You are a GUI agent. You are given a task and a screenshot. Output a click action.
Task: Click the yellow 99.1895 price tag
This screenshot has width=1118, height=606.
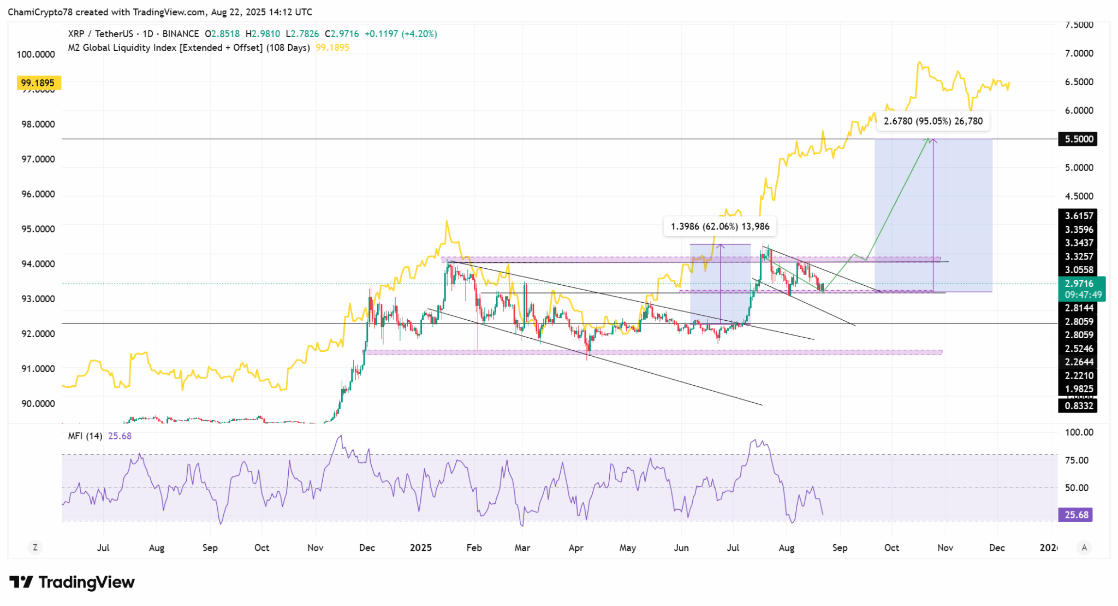[x=38, y=83]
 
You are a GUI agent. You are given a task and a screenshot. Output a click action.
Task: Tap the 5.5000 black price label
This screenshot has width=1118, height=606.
[x=1078, y=139]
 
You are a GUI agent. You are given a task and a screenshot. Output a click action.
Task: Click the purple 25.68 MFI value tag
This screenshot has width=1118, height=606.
[x=1075, y=515]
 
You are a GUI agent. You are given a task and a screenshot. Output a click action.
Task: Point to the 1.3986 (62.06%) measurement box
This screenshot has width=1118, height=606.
[x=719, y=226]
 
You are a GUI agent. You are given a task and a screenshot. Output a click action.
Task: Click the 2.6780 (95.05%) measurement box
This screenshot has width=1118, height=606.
[x=933, y=121]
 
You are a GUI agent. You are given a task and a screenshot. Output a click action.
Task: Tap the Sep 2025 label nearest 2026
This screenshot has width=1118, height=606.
[x=840, y=548]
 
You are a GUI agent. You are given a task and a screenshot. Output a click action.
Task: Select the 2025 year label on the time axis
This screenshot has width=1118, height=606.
[x=421, y=548]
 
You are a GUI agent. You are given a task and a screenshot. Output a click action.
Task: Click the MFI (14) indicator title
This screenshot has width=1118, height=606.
[x=85, y=436]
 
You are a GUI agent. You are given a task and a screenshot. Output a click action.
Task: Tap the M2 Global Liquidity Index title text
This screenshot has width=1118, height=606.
[x=188, y=48]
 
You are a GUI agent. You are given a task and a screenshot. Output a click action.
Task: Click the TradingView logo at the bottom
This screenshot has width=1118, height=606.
[x=72, y=583]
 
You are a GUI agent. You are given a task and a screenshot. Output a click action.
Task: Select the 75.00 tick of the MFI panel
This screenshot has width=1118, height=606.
[x=1077, y=461]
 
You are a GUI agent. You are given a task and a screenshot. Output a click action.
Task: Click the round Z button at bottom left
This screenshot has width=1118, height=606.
[x=35, y=548]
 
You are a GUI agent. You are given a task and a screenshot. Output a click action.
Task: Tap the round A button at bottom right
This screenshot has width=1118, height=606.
[x=1084, y=548]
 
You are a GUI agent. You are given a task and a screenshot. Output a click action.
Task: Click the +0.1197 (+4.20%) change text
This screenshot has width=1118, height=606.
[x=401, y=34]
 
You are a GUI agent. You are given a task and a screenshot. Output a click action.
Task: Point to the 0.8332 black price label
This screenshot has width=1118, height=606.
[x=1079, y=406]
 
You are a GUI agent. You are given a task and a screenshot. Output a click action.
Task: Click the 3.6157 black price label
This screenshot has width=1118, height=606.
[x=1079, y=216]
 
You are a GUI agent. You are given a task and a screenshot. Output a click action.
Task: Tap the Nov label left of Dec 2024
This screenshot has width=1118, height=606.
[x=315, y=548]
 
